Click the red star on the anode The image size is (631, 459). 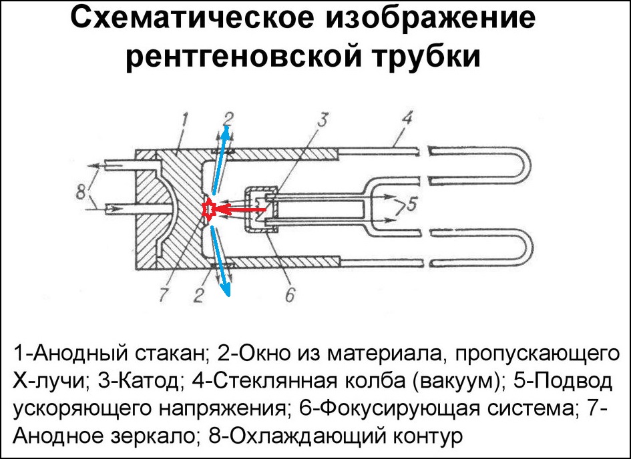(x=209, y=209)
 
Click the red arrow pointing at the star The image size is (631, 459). (x=240, y=209)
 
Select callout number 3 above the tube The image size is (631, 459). (x=323, y=120)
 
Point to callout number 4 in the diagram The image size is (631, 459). (x=407, y=119)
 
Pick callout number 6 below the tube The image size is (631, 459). (x=290, y=295)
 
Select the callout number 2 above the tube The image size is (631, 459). (x=228, y=119)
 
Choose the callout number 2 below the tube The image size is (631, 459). (x=199, y=296)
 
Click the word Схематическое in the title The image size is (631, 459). (x=192, y=19)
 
